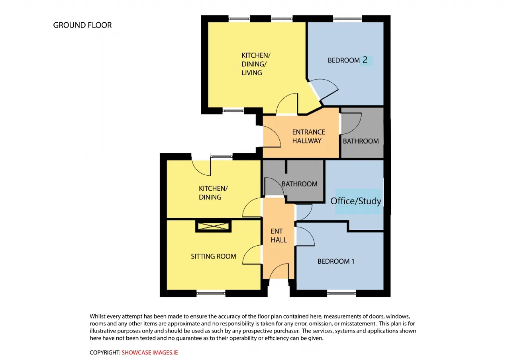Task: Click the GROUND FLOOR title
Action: pos(82,25)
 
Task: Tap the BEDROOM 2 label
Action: pos(347,60)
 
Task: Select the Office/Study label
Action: pos(356,201)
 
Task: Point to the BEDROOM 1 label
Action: pos(336,261)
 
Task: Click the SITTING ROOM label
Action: pos(213,256)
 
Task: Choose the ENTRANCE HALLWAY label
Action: pos(308,137)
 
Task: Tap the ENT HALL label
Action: pos(279,235)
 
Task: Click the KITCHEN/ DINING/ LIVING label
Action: pos(256,64)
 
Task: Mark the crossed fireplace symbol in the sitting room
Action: pos(213,226)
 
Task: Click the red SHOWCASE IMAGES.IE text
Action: pos(149,352)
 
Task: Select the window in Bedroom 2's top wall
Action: pos(347,19)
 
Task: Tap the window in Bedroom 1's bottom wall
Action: pos(341,293)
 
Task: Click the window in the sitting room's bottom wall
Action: pos(211,293)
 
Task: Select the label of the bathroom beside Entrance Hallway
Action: pos(361,141)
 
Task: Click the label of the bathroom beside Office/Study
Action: pos(299,184)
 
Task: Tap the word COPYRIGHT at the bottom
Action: pos(105,352)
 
